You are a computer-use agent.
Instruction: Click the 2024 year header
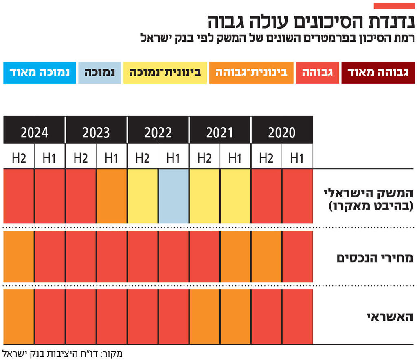[35, 132]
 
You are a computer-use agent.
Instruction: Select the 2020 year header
[282, 132]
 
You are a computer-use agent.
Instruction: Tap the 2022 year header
[158, 132]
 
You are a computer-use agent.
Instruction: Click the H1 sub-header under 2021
[235, 158]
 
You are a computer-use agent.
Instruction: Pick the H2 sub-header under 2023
[81, 158]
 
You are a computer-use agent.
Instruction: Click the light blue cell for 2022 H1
[173, 196]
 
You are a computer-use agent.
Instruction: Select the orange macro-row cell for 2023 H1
[112, 196]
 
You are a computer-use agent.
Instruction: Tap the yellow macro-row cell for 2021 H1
[235, 196]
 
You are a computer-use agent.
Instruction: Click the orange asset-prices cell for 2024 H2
[19, 256]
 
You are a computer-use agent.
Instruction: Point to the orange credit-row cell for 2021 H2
[204, 316]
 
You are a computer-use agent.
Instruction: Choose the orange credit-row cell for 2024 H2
[19, 316]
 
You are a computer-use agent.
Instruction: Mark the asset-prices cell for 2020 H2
[266, 256]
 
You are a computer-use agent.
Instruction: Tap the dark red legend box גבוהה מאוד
[378, 73]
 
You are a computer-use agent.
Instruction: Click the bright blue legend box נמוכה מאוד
[40, 73]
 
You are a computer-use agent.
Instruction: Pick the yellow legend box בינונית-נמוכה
[165, 73]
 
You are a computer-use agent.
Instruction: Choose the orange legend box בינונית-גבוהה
[251, 73]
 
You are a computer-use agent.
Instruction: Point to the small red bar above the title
[394, 6]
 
